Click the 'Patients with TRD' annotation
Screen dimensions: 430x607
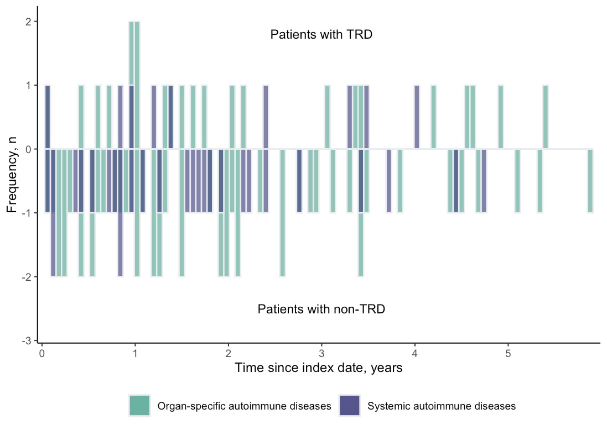click(321, 34)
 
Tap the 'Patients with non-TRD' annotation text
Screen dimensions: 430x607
click(321, 310)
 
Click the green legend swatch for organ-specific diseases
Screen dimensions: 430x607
click(139, 405)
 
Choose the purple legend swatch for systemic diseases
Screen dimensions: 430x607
click(349, 405)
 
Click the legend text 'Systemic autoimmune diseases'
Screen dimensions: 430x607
click(441, 406)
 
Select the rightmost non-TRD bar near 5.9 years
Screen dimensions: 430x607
click(590, 181)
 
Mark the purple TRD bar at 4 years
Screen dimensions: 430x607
click(417, 117)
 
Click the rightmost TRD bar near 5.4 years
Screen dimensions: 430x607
click(546, 117)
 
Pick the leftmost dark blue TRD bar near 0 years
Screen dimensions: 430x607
click(48, 117)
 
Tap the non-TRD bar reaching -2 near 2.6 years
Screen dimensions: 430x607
click(282, 213)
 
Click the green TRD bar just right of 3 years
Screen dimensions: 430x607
click(328, 117)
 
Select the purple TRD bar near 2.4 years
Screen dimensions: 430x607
click(266, 117)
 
